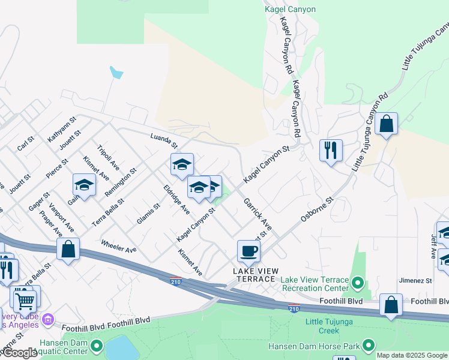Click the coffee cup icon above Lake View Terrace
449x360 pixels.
(249, 250)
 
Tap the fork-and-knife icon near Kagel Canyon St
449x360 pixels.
(331, 150)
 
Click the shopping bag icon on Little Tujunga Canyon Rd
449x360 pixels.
(387, 124)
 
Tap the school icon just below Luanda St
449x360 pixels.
(182, 164)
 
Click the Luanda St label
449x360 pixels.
(164, 142)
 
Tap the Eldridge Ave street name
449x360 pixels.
(176, 199)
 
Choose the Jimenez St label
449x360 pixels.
(416, 280)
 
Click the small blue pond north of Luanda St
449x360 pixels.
(116, 73)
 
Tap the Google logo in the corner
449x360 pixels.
(19, 353)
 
